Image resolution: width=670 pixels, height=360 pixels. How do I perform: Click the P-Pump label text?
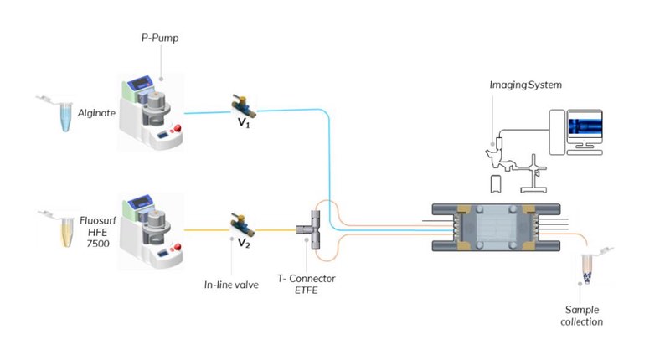coord(160,39)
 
